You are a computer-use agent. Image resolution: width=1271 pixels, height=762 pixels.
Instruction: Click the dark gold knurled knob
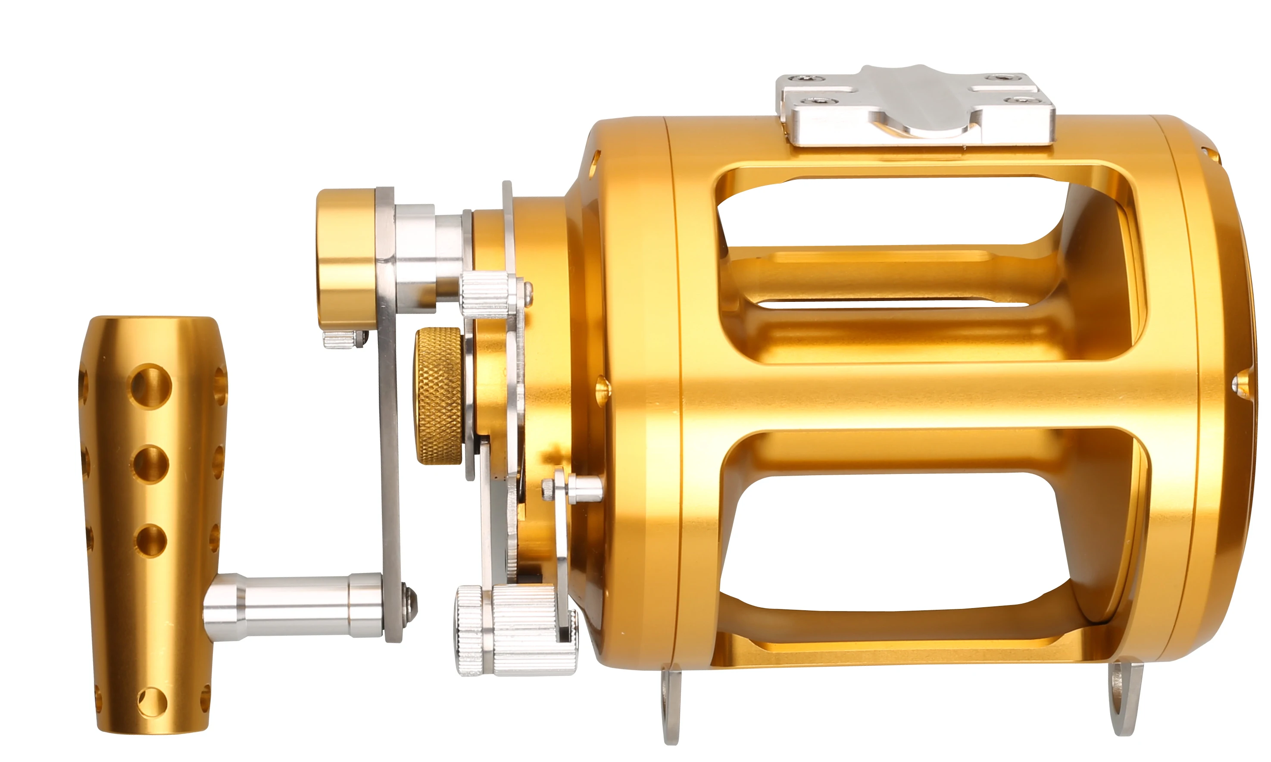click(439, 396)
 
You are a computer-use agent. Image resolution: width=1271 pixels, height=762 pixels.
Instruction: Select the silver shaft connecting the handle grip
click(298, 606)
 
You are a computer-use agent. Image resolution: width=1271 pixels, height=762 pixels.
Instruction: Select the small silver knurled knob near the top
click(485, 294)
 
